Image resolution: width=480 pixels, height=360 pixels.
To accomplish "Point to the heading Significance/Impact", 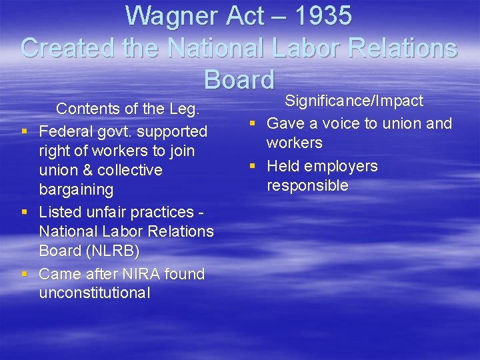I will (354, 101).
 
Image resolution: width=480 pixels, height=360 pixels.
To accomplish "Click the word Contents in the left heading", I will (86, 108).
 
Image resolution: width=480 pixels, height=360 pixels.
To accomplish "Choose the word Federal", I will (65, 131).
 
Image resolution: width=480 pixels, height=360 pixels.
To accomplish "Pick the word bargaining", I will (76, 189).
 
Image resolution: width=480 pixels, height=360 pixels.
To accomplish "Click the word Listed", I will (61, 212).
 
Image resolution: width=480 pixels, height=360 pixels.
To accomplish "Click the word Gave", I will (285, 123).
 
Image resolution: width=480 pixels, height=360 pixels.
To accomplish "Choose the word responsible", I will (307, 185).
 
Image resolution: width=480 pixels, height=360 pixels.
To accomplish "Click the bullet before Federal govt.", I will (24, 132).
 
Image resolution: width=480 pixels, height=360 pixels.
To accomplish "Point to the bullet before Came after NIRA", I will (24, 275).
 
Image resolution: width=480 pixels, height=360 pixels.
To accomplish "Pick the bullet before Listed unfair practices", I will (24, 213).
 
